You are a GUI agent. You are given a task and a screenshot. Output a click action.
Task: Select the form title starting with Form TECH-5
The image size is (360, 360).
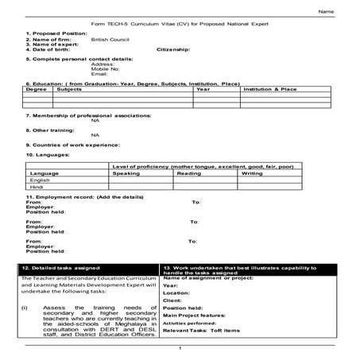(180, 25)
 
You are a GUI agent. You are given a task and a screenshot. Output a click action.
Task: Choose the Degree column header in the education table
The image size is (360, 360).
(37, 90)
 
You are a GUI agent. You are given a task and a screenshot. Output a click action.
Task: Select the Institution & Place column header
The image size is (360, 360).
(269, 90)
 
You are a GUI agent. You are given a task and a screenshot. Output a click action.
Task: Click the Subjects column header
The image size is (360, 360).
(70, 90)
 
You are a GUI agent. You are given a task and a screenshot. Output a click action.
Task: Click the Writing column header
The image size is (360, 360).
(252, 172)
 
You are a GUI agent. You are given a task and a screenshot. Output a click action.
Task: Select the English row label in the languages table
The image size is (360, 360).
(39, 180)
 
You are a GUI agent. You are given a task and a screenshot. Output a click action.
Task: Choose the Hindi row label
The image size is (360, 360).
(37, 187)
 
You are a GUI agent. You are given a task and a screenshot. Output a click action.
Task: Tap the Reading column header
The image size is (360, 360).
(188, 172)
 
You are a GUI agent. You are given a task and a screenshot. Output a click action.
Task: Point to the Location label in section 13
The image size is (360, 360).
(177, 292)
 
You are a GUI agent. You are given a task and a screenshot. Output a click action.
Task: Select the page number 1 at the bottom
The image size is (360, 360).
(180, 349)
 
